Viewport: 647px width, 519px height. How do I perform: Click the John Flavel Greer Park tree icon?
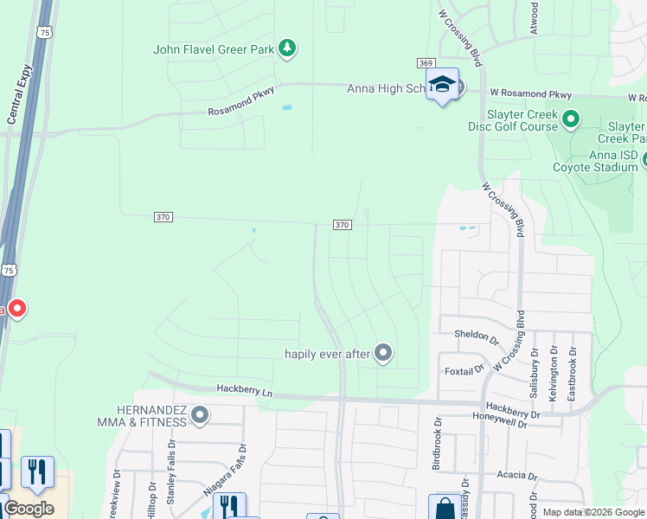pos(287,49)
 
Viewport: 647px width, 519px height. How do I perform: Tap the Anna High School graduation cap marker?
pos(442,85)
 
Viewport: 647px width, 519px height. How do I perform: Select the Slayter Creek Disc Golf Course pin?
pos(571,119)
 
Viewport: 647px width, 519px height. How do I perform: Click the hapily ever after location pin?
pos(384,353)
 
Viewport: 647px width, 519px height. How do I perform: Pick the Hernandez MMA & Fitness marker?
pos(200,416)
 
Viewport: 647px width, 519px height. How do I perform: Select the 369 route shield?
pos(425,63)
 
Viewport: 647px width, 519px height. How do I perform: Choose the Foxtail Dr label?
pos(464,369)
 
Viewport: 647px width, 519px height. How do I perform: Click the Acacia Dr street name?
pos(516,476)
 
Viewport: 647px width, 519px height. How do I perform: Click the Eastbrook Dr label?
pos(571,373)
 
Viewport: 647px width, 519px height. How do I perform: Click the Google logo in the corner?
pos(29,509)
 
